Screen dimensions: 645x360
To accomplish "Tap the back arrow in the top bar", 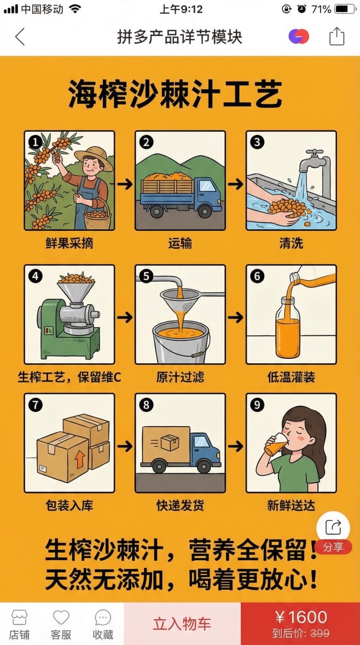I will coord(20,37).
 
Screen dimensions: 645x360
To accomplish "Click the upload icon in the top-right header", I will coord(336,37).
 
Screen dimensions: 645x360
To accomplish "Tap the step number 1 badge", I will coord(35,142).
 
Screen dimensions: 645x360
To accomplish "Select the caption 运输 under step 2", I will coord(180,243).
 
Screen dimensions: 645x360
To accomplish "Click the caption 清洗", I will coord(291,243).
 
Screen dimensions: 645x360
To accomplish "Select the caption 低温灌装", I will coord(291,377).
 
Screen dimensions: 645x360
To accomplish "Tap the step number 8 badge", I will coord(146,405).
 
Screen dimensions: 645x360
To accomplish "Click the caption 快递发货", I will coord(180,505).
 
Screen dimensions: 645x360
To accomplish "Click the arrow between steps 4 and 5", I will coord(125,317).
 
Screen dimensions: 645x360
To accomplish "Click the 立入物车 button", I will coord(182,624).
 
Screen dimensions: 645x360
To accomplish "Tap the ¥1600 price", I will coord(300,618).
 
